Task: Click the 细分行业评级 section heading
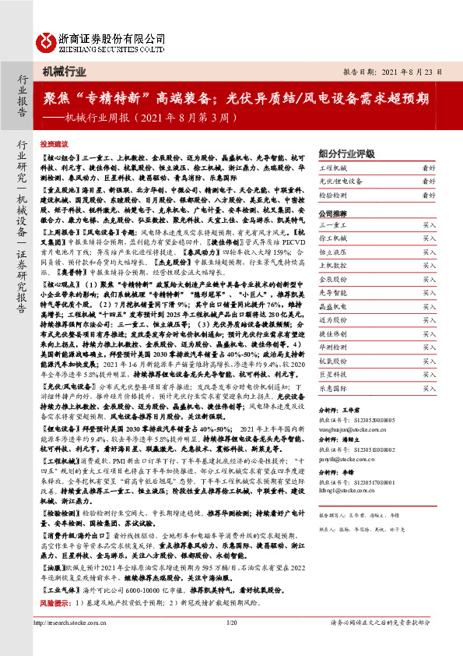click(x=345, y=152)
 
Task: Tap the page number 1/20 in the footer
click(x=230, y=645)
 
